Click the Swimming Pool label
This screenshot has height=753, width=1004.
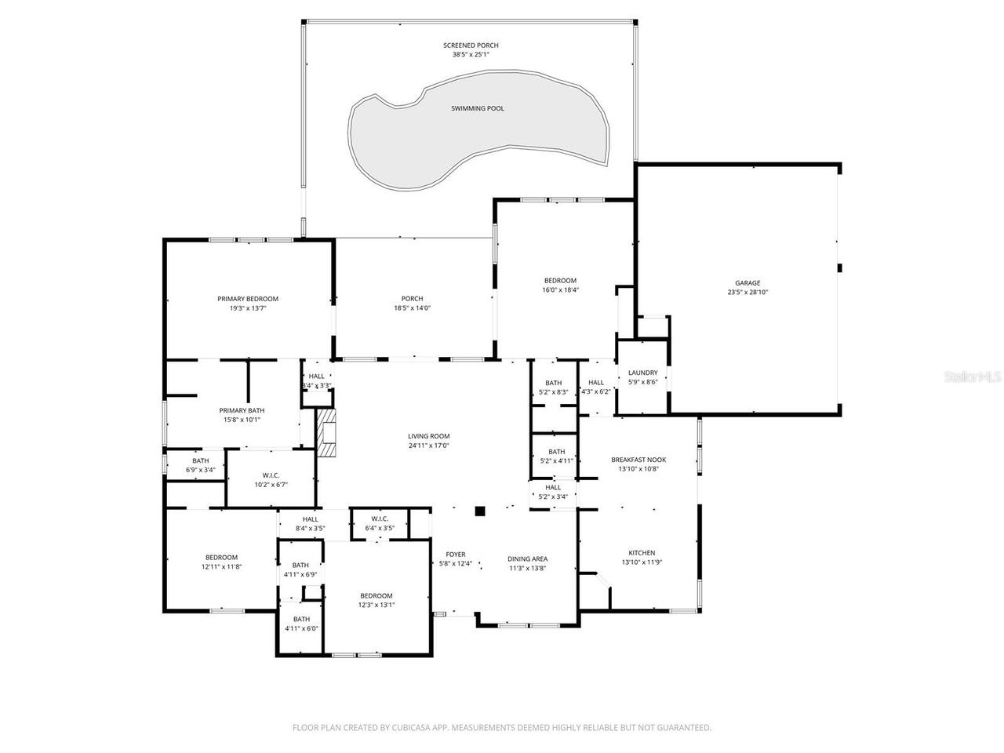(x=478, y=108)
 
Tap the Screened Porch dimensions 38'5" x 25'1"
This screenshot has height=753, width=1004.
(x=471, y=54)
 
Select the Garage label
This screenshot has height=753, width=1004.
(x=748, y=283)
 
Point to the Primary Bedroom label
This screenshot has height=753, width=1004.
(x=248, y=299)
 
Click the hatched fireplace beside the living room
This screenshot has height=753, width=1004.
(x=326, y=432)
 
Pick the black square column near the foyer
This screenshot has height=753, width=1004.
(x=480, y=511)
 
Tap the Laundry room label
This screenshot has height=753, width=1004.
(x=642, y=373)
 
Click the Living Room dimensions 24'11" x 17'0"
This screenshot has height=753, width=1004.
(x=428, y=446)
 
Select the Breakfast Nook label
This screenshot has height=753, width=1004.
(x=638, y=460)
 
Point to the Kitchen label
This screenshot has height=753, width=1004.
(x=642, y=553)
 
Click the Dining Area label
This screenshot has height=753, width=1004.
(x=527, y=558)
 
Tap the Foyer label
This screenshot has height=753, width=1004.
(x=456, y=554)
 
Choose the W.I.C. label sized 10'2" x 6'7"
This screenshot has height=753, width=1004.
(x=271, y=475)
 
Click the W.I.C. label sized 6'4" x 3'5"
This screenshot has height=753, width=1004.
(x=380, y=518)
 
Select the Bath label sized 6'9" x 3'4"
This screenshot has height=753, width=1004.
(x=200, y=460)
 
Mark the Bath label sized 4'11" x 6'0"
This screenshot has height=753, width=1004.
(x=301, y=619)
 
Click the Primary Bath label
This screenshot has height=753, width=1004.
(x=242, y=410)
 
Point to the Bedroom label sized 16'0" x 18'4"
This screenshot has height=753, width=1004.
(x=560, y=281)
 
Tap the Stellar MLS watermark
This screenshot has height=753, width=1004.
(x=973, y=376)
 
